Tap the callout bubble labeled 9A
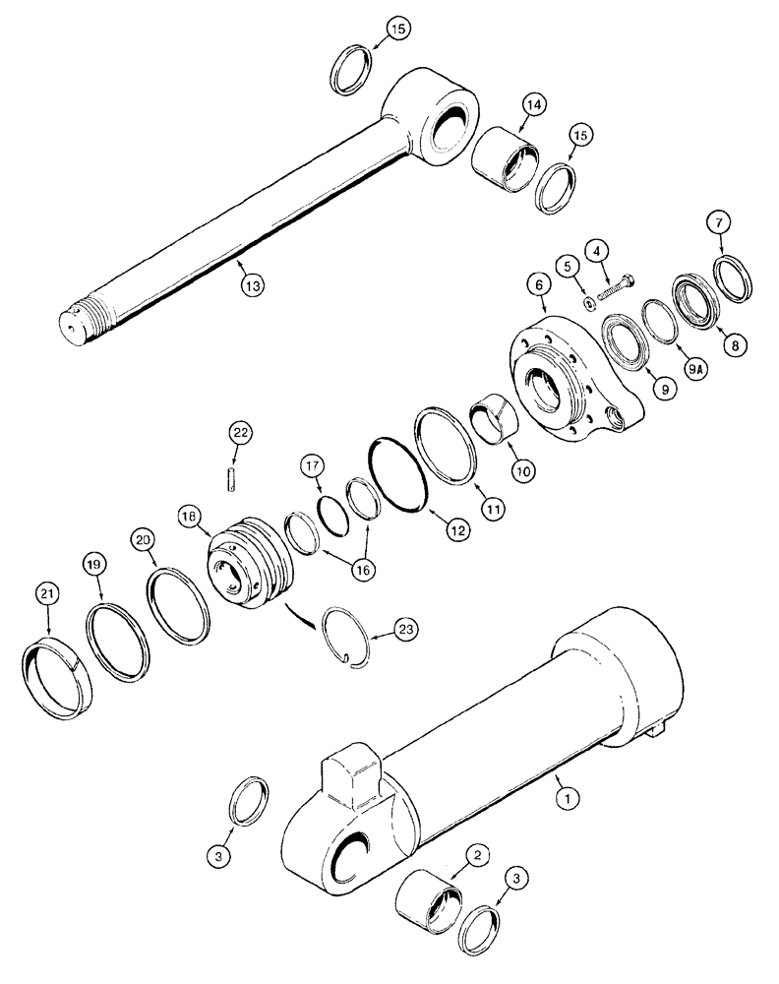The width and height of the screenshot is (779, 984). (695, 369)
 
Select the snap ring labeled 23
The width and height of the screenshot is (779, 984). (350, 639)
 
